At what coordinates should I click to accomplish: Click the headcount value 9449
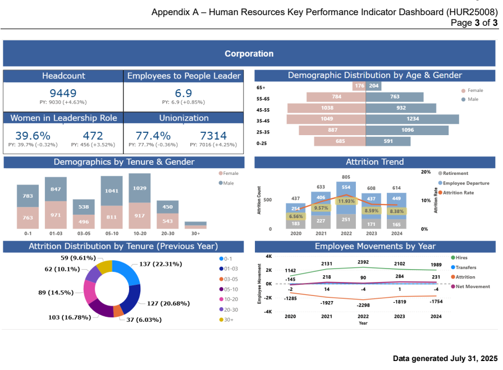63,94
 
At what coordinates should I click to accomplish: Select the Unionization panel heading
184,118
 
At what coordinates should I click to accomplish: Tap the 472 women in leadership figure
93,136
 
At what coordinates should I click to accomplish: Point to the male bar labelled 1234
413,119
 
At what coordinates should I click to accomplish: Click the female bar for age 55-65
336,96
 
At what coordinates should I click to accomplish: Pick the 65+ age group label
260,87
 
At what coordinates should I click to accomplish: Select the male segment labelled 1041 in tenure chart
111,191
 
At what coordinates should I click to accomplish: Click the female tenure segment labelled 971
55,215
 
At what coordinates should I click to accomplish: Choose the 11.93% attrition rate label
346,201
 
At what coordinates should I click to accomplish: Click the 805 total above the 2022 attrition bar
346,177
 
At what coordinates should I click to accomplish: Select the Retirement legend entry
455,173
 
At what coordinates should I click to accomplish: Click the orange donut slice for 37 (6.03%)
118,311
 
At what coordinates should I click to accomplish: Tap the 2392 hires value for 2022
363,262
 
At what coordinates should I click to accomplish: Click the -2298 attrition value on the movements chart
363,304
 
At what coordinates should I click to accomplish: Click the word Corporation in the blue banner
249,54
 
